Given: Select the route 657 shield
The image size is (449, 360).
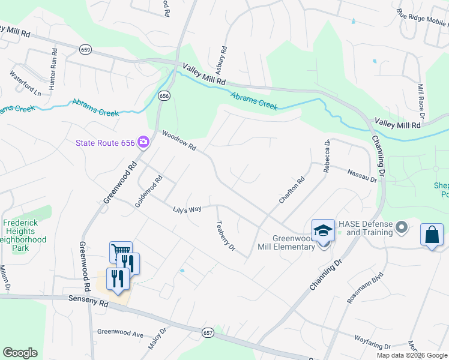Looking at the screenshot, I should pos(208,332).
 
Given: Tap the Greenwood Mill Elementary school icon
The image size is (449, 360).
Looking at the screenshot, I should pos(322,230).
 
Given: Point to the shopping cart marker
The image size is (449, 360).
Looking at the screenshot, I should pos(120,251).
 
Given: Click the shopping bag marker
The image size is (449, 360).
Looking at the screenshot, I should pos(432,234).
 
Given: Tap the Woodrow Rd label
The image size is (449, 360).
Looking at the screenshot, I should pos(179,142).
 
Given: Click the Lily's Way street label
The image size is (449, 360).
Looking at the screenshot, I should pos(187,209).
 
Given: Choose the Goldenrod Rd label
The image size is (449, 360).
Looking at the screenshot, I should pos(149,191).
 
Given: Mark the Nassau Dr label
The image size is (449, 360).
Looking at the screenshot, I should pos(361,175).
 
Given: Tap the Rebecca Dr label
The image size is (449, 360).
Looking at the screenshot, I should pos(327,157).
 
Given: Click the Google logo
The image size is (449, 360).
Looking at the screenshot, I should pos(20,353).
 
